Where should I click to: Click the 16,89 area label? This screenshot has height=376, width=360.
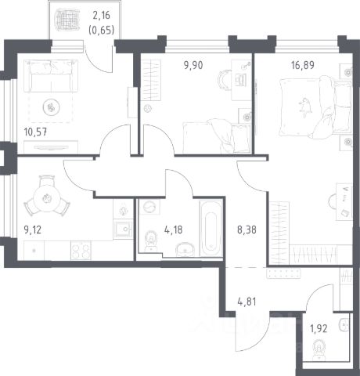pos(303,65)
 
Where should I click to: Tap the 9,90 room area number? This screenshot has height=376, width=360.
pos(193,65)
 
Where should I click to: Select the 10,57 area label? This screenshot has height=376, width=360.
pos(35,132)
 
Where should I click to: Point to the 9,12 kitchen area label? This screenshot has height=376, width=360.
pos(32,230)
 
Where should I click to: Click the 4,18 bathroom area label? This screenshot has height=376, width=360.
pos(173,230)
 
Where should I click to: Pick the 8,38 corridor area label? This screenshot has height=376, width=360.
pos(247,230)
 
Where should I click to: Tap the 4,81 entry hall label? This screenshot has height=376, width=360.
pos(247,302)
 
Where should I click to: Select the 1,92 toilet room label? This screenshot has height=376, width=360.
pos(319,329)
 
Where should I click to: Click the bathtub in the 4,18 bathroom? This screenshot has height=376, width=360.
pos(211,229)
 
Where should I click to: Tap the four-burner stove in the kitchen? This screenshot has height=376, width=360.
pos(81,250)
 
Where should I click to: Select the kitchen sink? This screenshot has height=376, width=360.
pos(123,230)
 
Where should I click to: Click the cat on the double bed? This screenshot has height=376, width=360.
pos(305,107)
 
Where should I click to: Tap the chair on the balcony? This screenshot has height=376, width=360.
pos(67,19)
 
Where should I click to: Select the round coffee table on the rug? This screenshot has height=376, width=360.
pos(51,107)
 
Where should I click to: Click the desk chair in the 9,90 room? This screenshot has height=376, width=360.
pos(225,79)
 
